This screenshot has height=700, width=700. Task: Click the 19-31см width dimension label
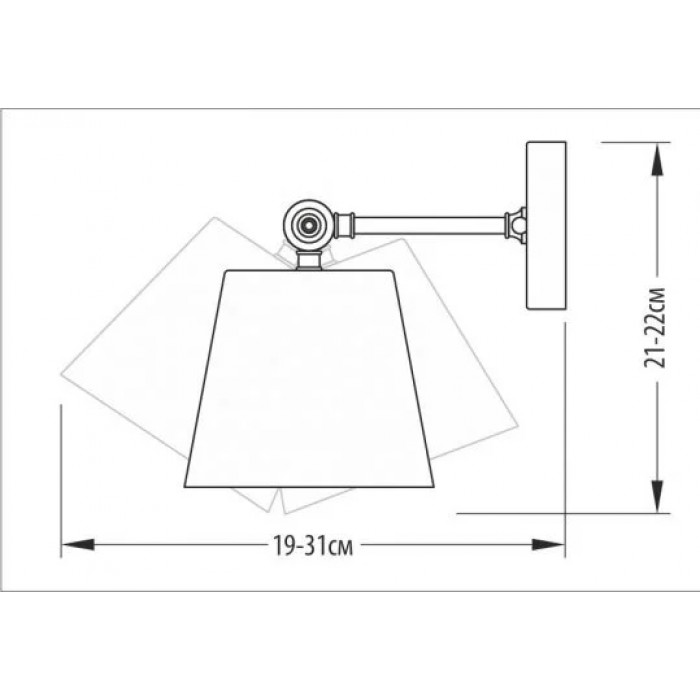pyautogui.click(x=313, y=545)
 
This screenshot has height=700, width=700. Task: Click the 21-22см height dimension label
pyautogui.click(x=654, y=328)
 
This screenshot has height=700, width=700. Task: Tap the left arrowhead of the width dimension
pyautogui.click(x=78, y=545)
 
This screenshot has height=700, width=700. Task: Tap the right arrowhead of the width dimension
pyautogui.click(x=548, y=545)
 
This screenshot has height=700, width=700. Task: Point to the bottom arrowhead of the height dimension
pyautogui.click(x=656, y=496)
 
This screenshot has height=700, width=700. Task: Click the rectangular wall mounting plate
pyautogui.click(x=546, y=225)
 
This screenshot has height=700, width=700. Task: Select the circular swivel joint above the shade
pyautogui.click(x=309, y=224)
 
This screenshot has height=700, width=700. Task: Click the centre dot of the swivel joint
pyautogui.click(x=308, y=224)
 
